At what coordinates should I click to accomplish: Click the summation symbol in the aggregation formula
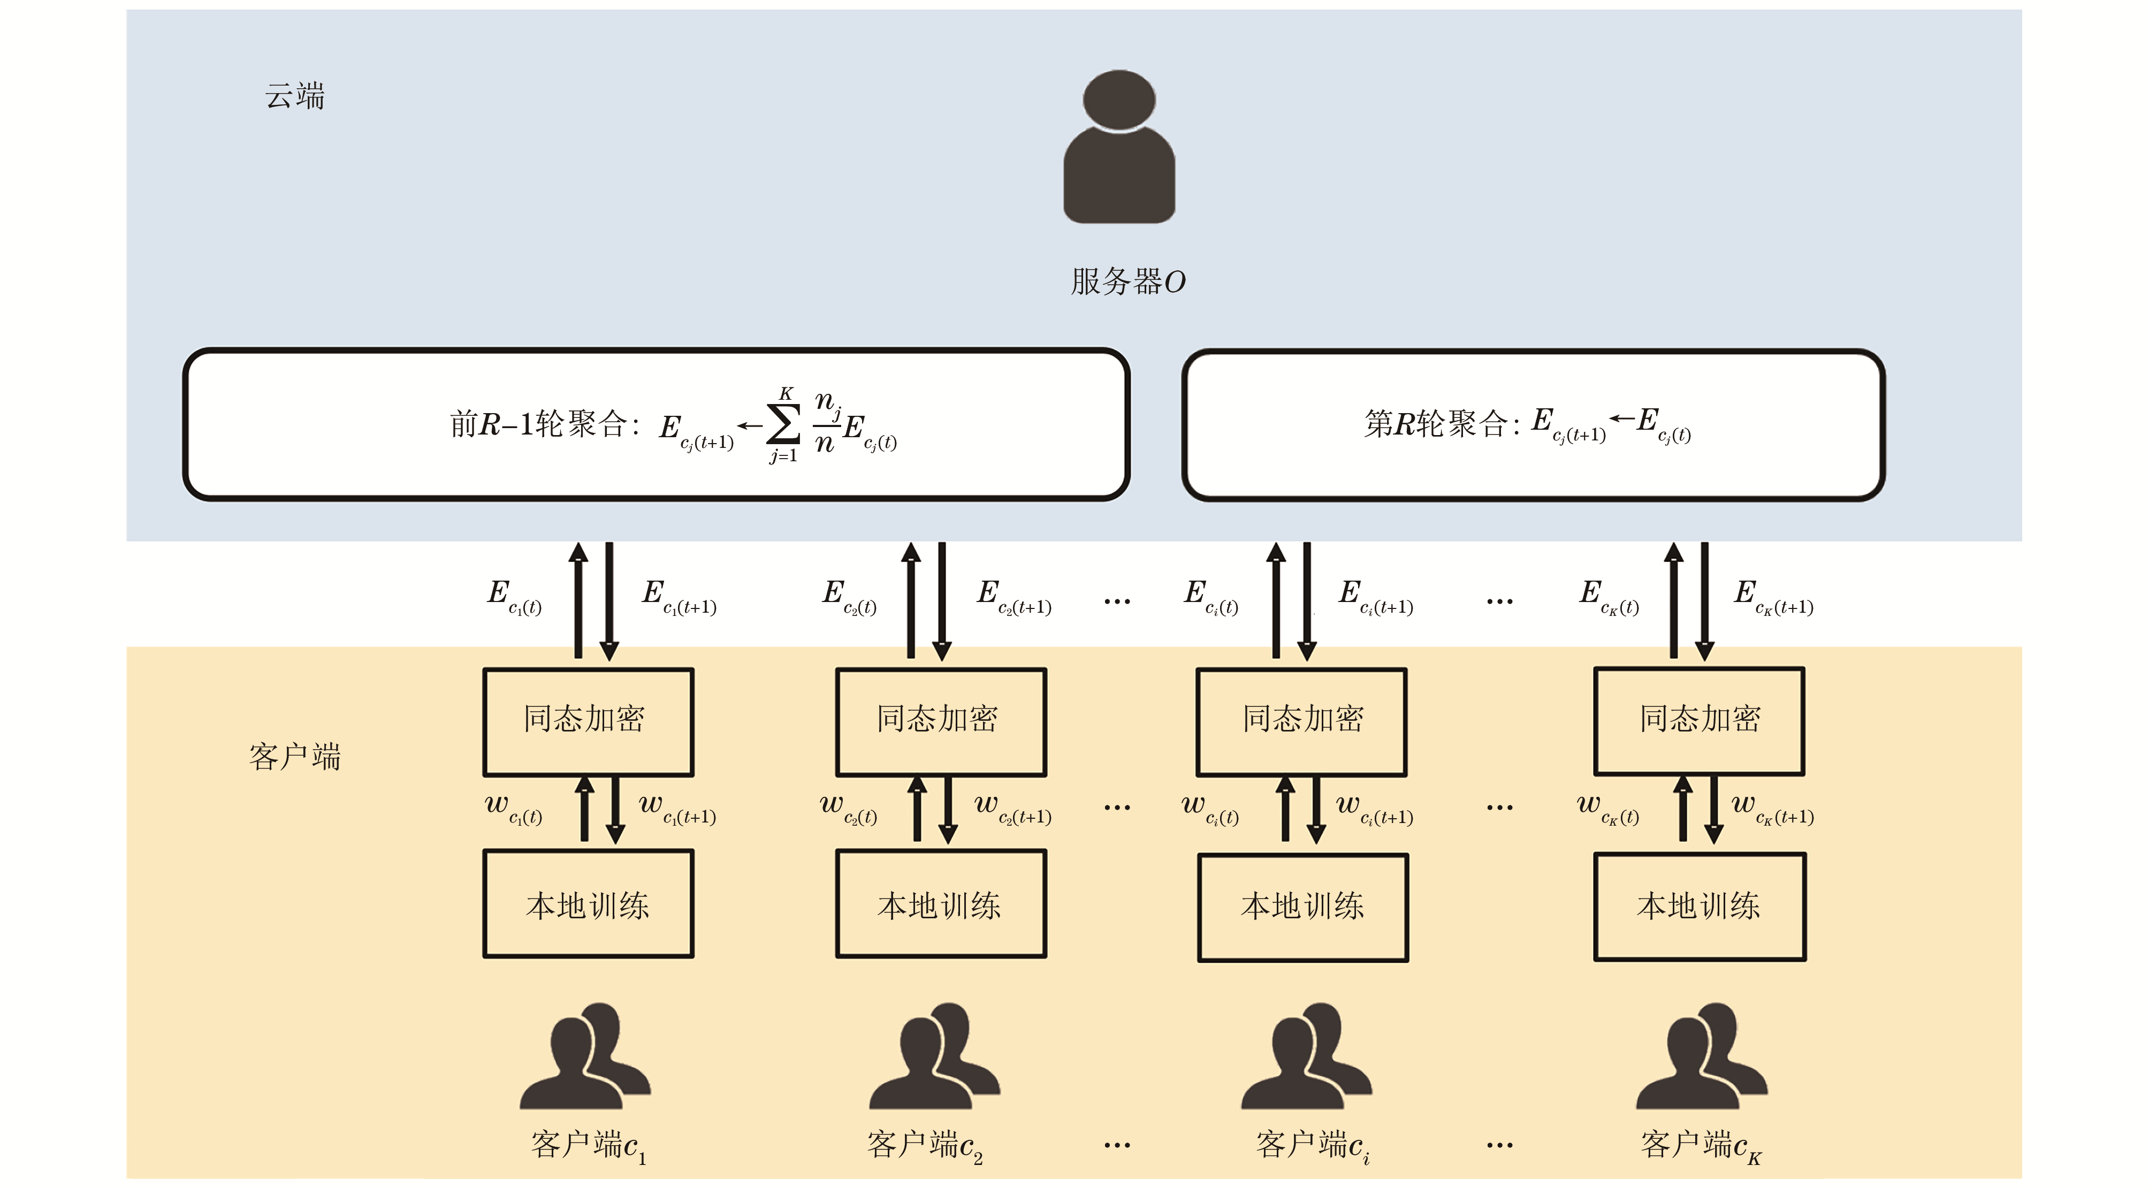[783, 425]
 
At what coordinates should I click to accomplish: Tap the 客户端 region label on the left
[294, 757]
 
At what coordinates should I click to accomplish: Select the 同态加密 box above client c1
[588, 721]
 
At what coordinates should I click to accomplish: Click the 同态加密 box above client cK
[1700, 721]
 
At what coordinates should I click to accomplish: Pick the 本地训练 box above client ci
[1303, 907]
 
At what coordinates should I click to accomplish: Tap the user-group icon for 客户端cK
[1701, 1057]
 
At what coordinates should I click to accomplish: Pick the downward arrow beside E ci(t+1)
[1307, 600]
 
